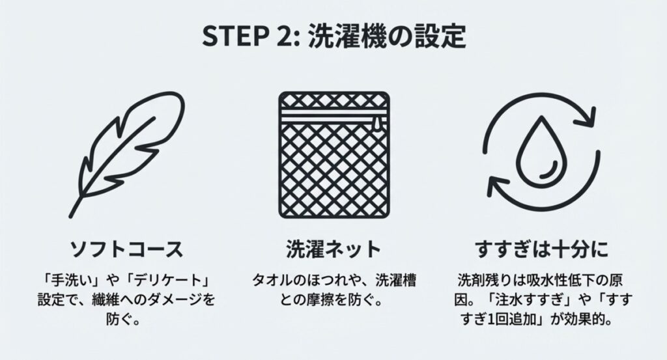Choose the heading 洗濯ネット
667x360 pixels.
(333, 249)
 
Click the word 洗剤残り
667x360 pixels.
(483, 281)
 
